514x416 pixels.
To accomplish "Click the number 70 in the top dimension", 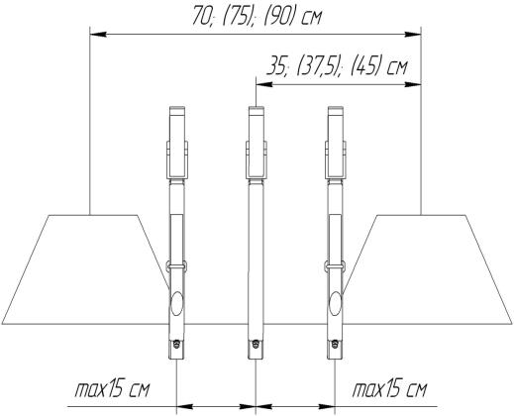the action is click(x=202, y=17).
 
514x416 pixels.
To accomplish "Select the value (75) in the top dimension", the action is click(x=236, y=17).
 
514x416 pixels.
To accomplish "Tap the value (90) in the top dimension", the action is click(x=278, y=17).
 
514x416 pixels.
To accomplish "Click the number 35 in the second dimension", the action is click(x=277, y=67).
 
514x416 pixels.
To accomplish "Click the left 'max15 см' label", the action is click(x=112, y=390).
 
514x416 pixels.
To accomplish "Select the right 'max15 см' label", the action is click(x=389, y=390).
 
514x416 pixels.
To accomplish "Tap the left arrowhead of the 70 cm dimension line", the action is click(x=98, y=34).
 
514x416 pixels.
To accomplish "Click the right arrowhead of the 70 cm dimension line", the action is click(x=413, y=34).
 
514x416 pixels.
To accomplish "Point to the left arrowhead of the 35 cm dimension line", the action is click(x=264, y=85).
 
